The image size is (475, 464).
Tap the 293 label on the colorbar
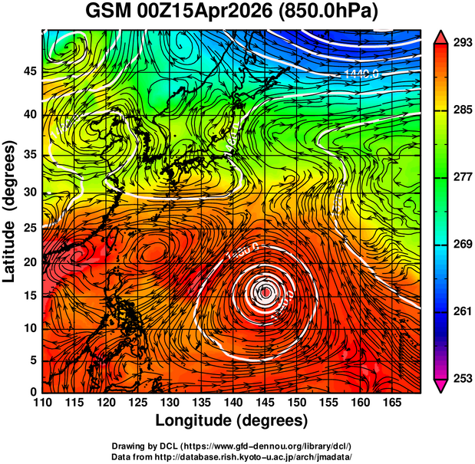point(461,43)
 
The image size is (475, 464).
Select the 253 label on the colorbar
point(461,378)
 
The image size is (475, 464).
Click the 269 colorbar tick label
point(461,244)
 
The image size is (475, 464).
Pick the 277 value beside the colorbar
point(461,177)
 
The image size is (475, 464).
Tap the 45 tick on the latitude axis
point(31,71)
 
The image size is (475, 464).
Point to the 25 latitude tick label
point(31,228)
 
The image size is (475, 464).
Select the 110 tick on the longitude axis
point(42,402)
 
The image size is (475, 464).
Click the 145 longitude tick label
point(266,402)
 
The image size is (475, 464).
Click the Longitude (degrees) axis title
point(232,420)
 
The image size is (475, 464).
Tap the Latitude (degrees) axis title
point(11,212)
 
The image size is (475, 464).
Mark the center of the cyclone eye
point(265,292)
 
